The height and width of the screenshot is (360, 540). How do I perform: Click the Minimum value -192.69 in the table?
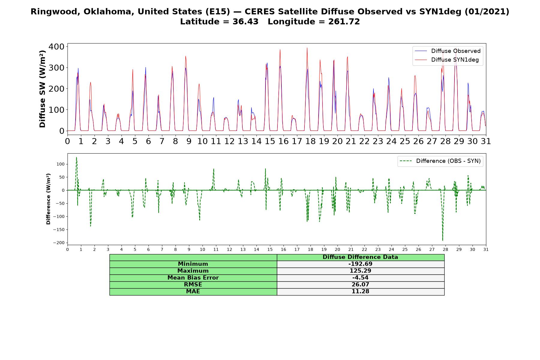click(360, 264)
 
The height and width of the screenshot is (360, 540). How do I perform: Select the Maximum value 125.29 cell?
click(360, 271)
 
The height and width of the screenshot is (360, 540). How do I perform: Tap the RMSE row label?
click(193, 285)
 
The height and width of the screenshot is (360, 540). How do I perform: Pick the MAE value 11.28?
click(360, 292)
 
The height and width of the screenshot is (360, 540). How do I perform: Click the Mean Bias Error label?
click(193, 278)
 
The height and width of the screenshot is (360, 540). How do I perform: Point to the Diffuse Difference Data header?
click(360, 257)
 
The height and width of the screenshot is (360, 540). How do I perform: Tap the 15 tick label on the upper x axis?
click(270, 141)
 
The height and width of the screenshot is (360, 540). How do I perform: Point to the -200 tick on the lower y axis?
click(59, 243)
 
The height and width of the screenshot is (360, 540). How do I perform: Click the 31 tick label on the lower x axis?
click(486, 249)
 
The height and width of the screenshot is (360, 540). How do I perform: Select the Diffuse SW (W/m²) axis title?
click(42, 89)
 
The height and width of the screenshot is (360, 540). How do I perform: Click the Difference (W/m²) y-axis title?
click(48, 199)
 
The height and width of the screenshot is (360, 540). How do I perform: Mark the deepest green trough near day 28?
click(442, 241)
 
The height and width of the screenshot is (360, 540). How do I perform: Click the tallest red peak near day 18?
click(307, 48)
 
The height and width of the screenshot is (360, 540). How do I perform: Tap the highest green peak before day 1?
click(76, 157)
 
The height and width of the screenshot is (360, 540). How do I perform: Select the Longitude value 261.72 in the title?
click(344, 22)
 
